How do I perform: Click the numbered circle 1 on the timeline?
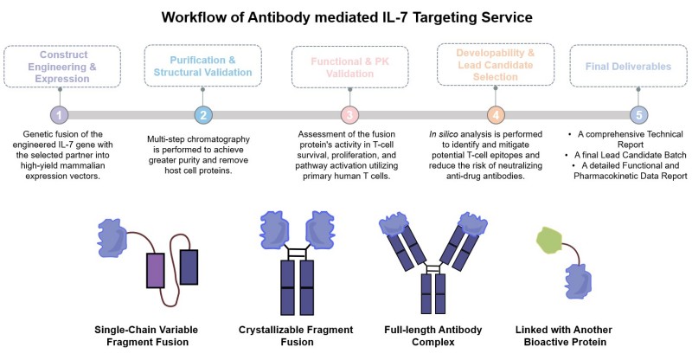pyautogui.click(x=57, y=114)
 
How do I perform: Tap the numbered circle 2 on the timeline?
pyautogui.click(x=202, y=114)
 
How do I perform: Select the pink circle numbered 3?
pyautogui.click(x=349, y=114)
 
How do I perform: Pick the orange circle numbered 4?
pyautogui.click(x=495, y=114)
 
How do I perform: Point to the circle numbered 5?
pyautogui.click(x=638, y=114)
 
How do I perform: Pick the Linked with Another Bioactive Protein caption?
pyautogui.click(x=577, y=336)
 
